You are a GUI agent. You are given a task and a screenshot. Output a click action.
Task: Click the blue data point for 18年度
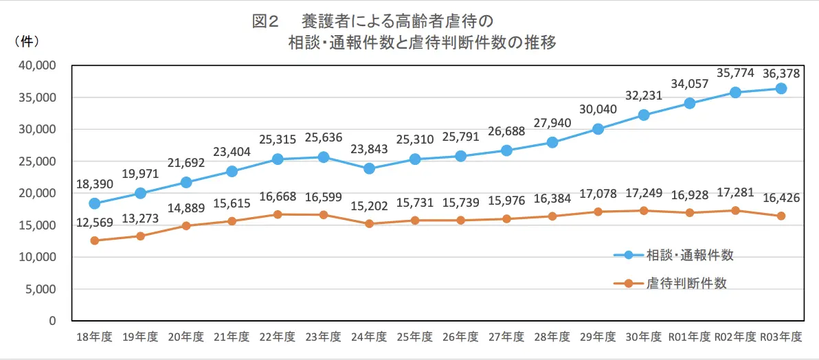[x=94, y=203]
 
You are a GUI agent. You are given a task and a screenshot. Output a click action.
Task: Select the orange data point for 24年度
[x=369, y=223]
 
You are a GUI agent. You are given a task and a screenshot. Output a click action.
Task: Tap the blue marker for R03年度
[x=781, y=89]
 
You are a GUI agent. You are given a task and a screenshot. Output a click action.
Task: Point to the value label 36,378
[x=781, y=71]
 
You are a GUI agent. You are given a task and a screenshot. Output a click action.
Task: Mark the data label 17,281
[x=734, y=193]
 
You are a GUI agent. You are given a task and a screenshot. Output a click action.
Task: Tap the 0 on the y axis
[x=52, y=321]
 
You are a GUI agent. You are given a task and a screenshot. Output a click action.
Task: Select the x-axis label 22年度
[x=278, y=337]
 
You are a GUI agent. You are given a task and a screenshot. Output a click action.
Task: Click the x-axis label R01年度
[x=689, y=337]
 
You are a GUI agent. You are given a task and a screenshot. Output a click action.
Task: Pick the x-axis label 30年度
[x=644, y=337]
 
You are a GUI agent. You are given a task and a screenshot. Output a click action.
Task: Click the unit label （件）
[x=26, y=41]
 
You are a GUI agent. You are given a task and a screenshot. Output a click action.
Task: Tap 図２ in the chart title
[x=265, y=21]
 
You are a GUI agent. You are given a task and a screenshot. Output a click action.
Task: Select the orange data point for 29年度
[x=598, y=212]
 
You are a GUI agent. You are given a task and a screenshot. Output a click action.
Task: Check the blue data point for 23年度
[x=323, y=157]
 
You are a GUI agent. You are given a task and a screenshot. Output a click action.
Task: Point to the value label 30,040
[x=598, y=111]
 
